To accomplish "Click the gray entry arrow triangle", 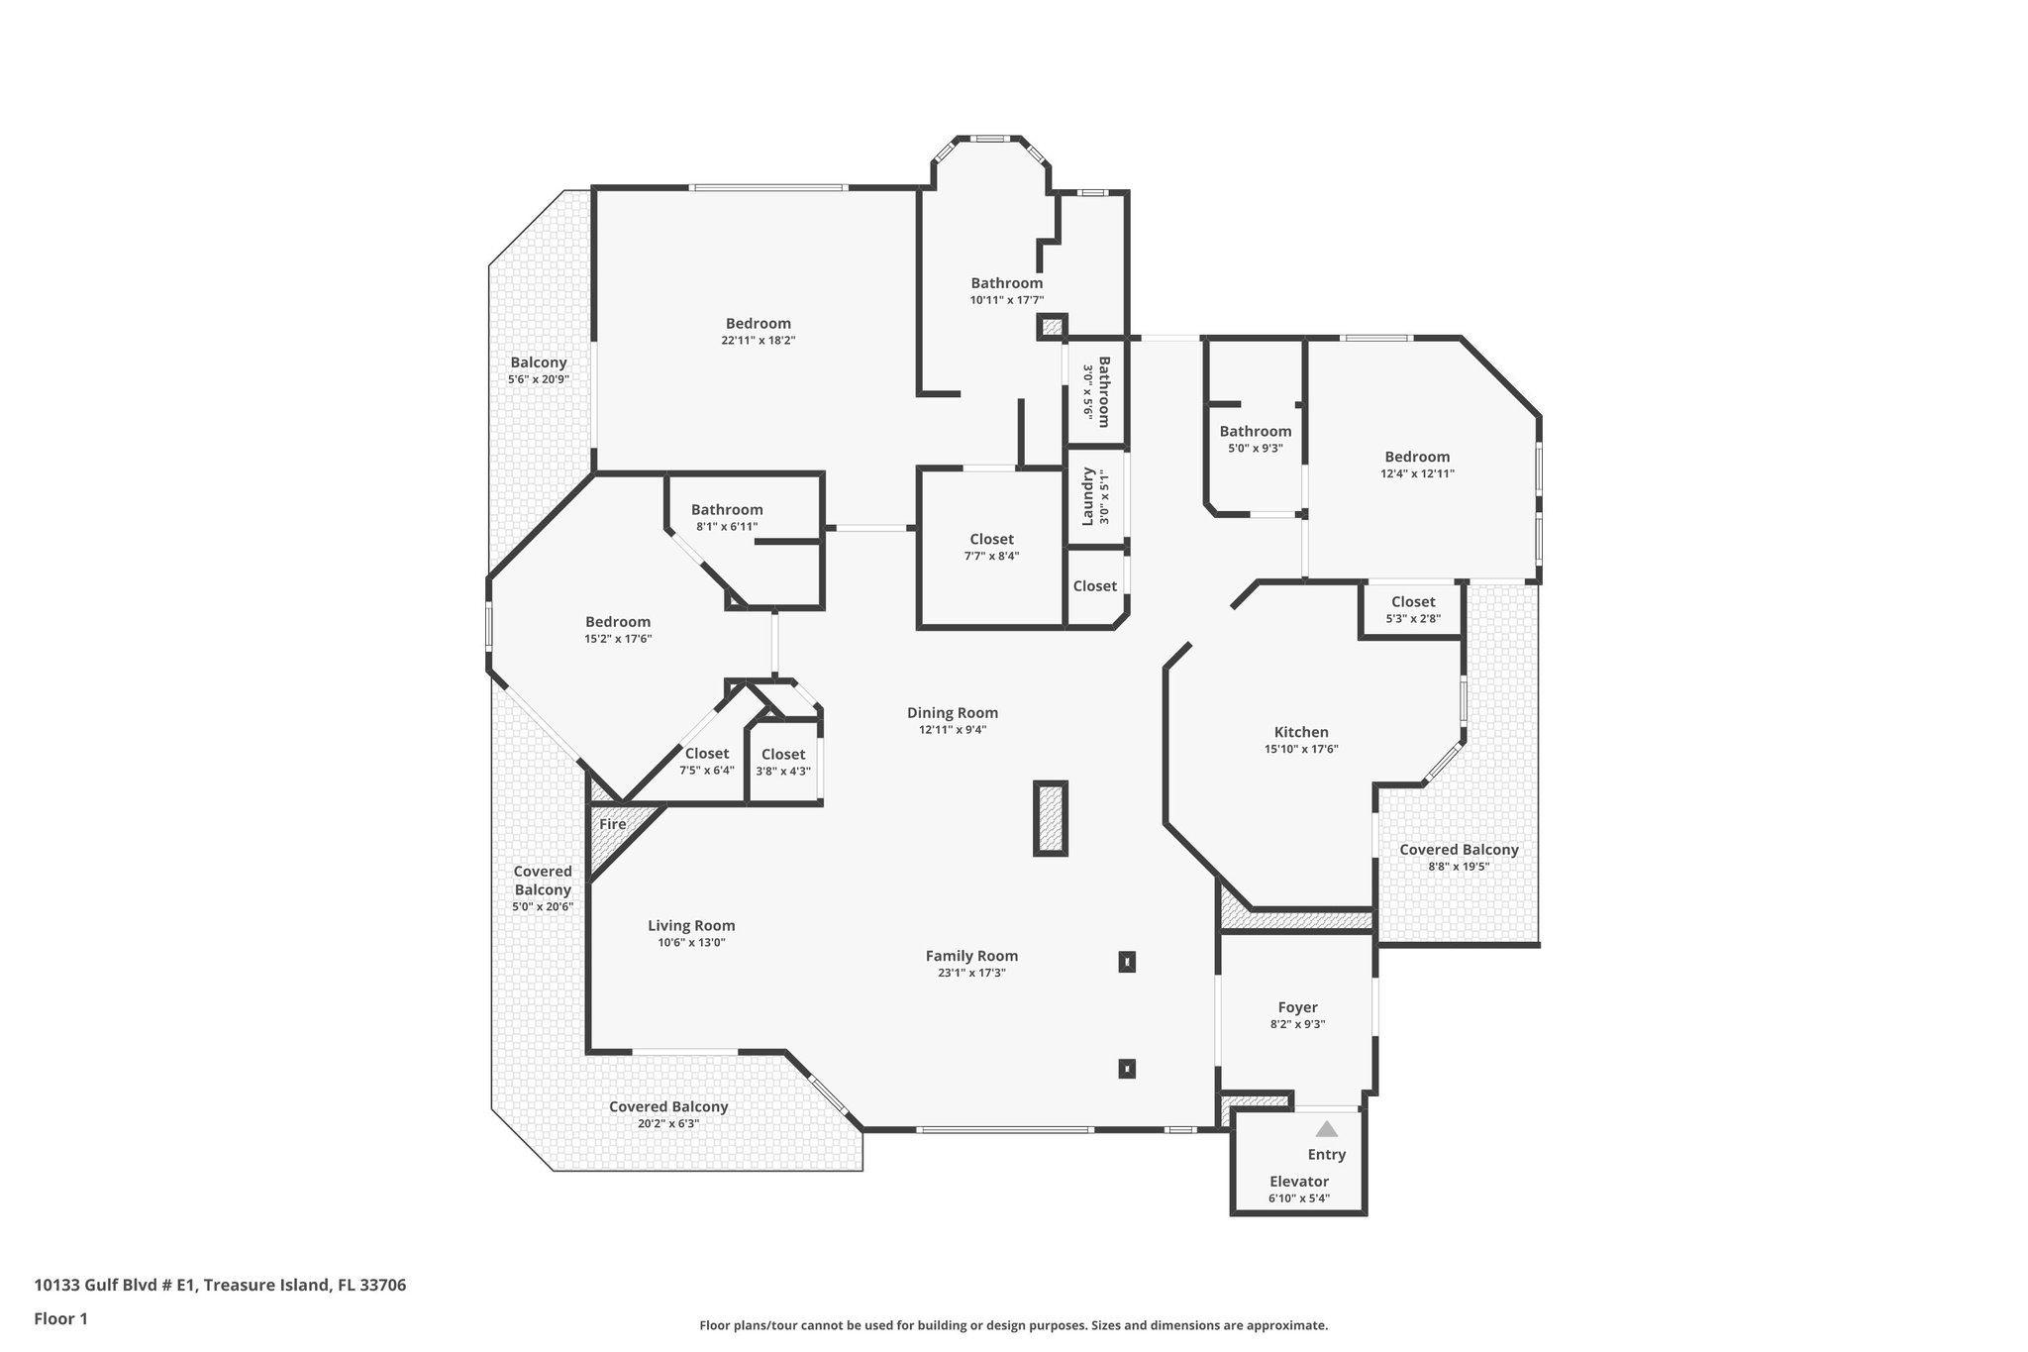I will coord(1326,1129).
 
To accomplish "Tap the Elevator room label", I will coord(1299,1182).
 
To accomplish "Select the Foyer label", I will coord(1297,1007).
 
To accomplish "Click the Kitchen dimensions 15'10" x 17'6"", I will coord(1301,750).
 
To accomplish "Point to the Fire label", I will coord(613,824).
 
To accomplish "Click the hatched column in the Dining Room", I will coord(1051,818).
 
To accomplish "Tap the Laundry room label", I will coord(1087,496).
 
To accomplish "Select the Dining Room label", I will coord(953,713).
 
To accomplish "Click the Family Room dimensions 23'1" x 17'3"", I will coord(971,973).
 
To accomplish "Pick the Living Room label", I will coord(691,926).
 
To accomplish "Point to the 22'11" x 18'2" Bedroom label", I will coord(759,324).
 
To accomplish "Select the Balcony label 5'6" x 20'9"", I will coord(539,363).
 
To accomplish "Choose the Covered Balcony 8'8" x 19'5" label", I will coord(1459,850).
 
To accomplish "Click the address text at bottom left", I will coord(220,1286).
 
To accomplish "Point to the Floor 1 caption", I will coord(61,1318).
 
